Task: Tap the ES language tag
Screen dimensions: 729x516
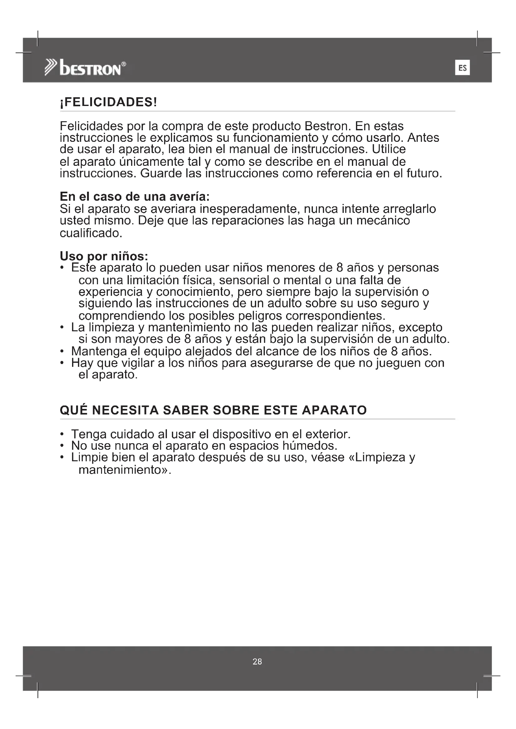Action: (462, 68)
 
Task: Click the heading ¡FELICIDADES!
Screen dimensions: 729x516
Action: (108, 103)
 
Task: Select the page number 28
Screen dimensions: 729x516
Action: (257, 661)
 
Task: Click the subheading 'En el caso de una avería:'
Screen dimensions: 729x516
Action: (135, 197)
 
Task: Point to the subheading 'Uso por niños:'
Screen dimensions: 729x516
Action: (104, 256)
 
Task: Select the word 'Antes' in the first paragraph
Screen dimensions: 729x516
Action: (423, 138)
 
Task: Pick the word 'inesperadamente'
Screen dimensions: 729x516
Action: (250, 209)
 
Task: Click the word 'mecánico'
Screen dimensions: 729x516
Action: (383, 220)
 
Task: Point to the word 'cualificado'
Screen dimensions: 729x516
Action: (90, 233)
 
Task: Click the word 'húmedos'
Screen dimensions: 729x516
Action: (309, 446)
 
